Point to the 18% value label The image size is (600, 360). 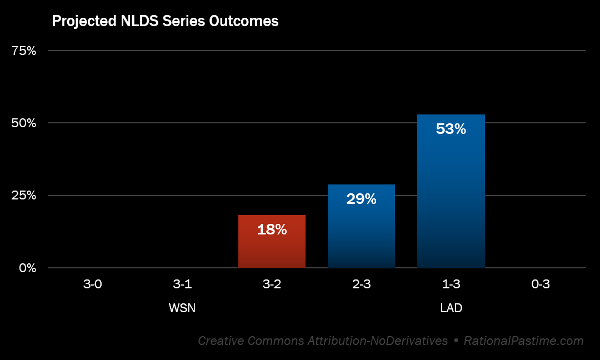click(x=272, y=229)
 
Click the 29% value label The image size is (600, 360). click(x=361, y=199)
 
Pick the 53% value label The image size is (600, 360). click(x=451, y=129)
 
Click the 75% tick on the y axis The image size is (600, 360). click(x=24, y=51)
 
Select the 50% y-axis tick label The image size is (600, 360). click(x=24, y=123)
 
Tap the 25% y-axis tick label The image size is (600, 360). click(x=24, y=196)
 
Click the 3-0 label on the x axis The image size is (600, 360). click(x=93, y=284)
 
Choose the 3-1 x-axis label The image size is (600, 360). click(x=182, y=284)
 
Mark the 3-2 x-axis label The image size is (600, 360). click(x=272, y=284)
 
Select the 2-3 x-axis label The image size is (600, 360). click(x=361, y=284)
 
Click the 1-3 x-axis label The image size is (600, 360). click(x=451, y=284)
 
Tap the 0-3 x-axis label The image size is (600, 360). click(x=540, y=284)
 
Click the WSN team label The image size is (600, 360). click(x=182, y=308)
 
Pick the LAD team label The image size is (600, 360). click(x=451, y=308)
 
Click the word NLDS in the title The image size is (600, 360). click(x=132, y=22)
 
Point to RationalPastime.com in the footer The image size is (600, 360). click(x=524, y=341)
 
